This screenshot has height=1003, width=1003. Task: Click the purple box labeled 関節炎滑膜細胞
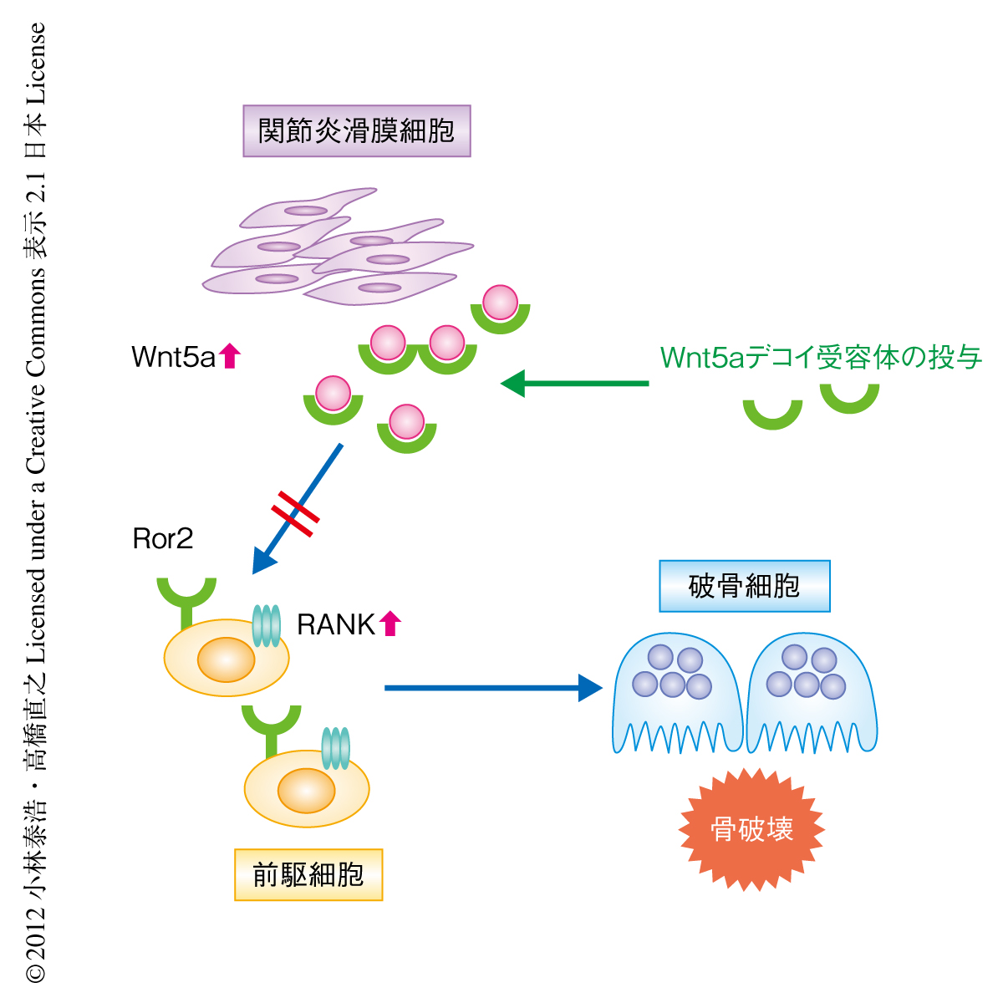tap(357, 131)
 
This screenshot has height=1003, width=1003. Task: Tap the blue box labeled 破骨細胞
tap(744, 586)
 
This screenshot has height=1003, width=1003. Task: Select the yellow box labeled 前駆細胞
tap(308, 874)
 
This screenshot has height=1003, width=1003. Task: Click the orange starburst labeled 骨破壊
tap(751, 829)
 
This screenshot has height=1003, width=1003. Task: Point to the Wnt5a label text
tap(174, 358)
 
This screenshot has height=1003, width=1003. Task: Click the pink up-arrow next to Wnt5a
tap(230, 356)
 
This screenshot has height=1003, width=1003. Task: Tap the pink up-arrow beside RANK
tap(390, 624)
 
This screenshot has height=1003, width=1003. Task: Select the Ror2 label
tap(163, 539)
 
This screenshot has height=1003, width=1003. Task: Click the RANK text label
tap(336, 624)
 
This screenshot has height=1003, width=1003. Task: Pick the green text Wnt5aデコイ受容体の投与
tap(821, 358)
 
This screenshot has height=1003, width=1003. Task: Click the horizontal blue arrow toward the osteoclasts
tap(493, 688)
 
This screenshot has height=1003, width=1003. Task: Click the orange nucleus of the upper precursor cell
tap(226, 659)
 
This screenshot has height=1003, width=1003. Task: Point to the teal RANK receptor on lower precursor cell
tap(335, 747)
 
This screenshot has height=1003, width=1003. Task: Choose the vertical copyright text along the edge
tap(36, 501)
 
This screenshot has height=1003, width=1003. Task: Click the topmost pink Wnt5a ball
tap(501, 302)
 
